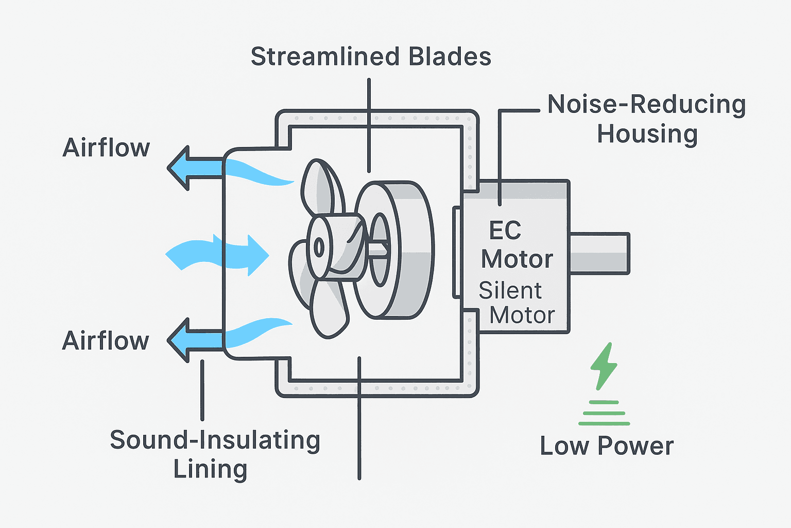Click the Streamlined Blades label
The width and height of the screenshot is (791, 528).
point(371,57)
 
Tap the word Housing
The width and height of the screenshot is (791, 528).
point(647,134)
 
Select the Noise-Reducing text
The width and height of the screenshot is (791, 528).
point(646,105)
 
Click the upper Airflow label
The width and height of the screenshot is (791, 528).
point(106,148)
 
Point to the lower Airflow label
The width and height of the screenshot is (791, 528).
point(106,341)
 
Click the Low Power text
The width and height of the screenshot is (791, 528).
point(607,446)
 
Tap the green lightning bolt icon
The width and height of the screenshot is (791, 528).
point(603,366)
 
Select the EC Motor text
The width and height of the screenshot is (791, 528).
point(517,245)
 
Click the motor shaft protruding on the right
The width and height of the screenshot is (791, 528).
point(599,253)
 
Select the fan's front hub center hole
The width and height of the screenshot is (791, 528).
point(319,248)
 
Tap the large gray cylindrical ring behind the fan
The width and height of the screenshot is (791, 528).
point(407,250)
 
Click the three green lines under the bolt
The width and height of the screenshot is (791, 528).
point(604,413)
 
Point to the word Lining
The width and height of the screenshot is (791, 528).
point(210,469)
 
